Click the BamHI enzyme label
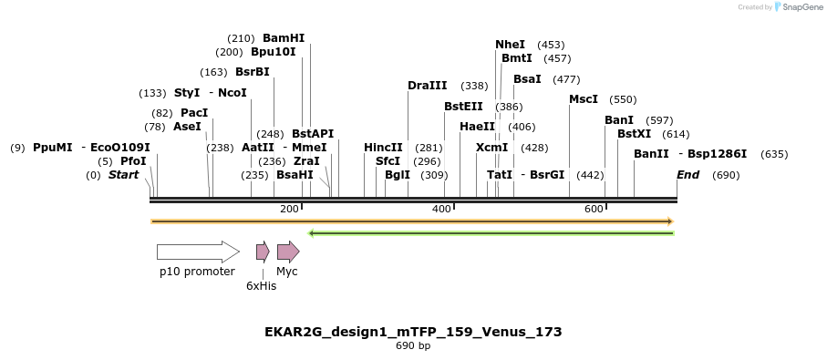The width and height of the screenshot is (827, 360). [x=284, y=38]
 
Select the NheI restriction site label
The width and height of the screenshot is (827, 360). [x=510, y=45]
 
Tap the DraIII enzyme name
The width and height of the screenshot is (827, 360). [x=427, y=86]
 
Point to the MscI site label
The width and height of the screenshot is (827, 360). [x=583, y=99]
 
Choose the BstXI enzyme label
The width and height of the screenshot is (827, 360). [x=634, y=134]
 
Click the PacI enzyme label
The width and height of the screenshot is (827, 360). [x=194, y=113]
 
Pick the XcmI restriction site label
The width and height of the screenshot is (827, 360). [x=491, y=148]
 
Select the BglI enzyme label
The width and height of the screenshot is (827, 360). [x=398, y=175]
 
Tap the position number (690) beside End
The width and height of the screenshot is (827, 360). [x=726, y=175]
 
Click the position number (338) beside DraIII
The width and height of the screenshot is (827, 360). [x=474, y=86]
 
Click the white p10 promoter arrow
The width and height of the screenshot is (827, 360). [x=197, y=252]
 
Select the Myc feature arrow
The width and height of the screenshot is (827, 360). [x=288, y=252]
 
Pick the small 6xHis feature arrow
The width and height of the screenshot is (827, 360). [x=263, y=252]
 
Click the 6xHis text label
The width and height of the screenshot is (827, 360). [x=261, y=286]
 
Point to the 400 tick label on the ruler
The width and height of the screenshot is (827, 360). [x=441, y=210]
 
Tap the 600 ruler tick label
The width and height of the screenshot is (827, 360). [x=594, y=210]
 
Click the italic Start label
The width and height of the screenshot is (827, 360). [x=123, y=175]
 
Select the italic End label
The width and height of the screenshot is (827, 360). [x=687, y=175]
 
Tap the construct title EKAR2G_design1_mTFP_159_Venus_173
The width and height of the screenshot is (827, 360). [x=413, y=332]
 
